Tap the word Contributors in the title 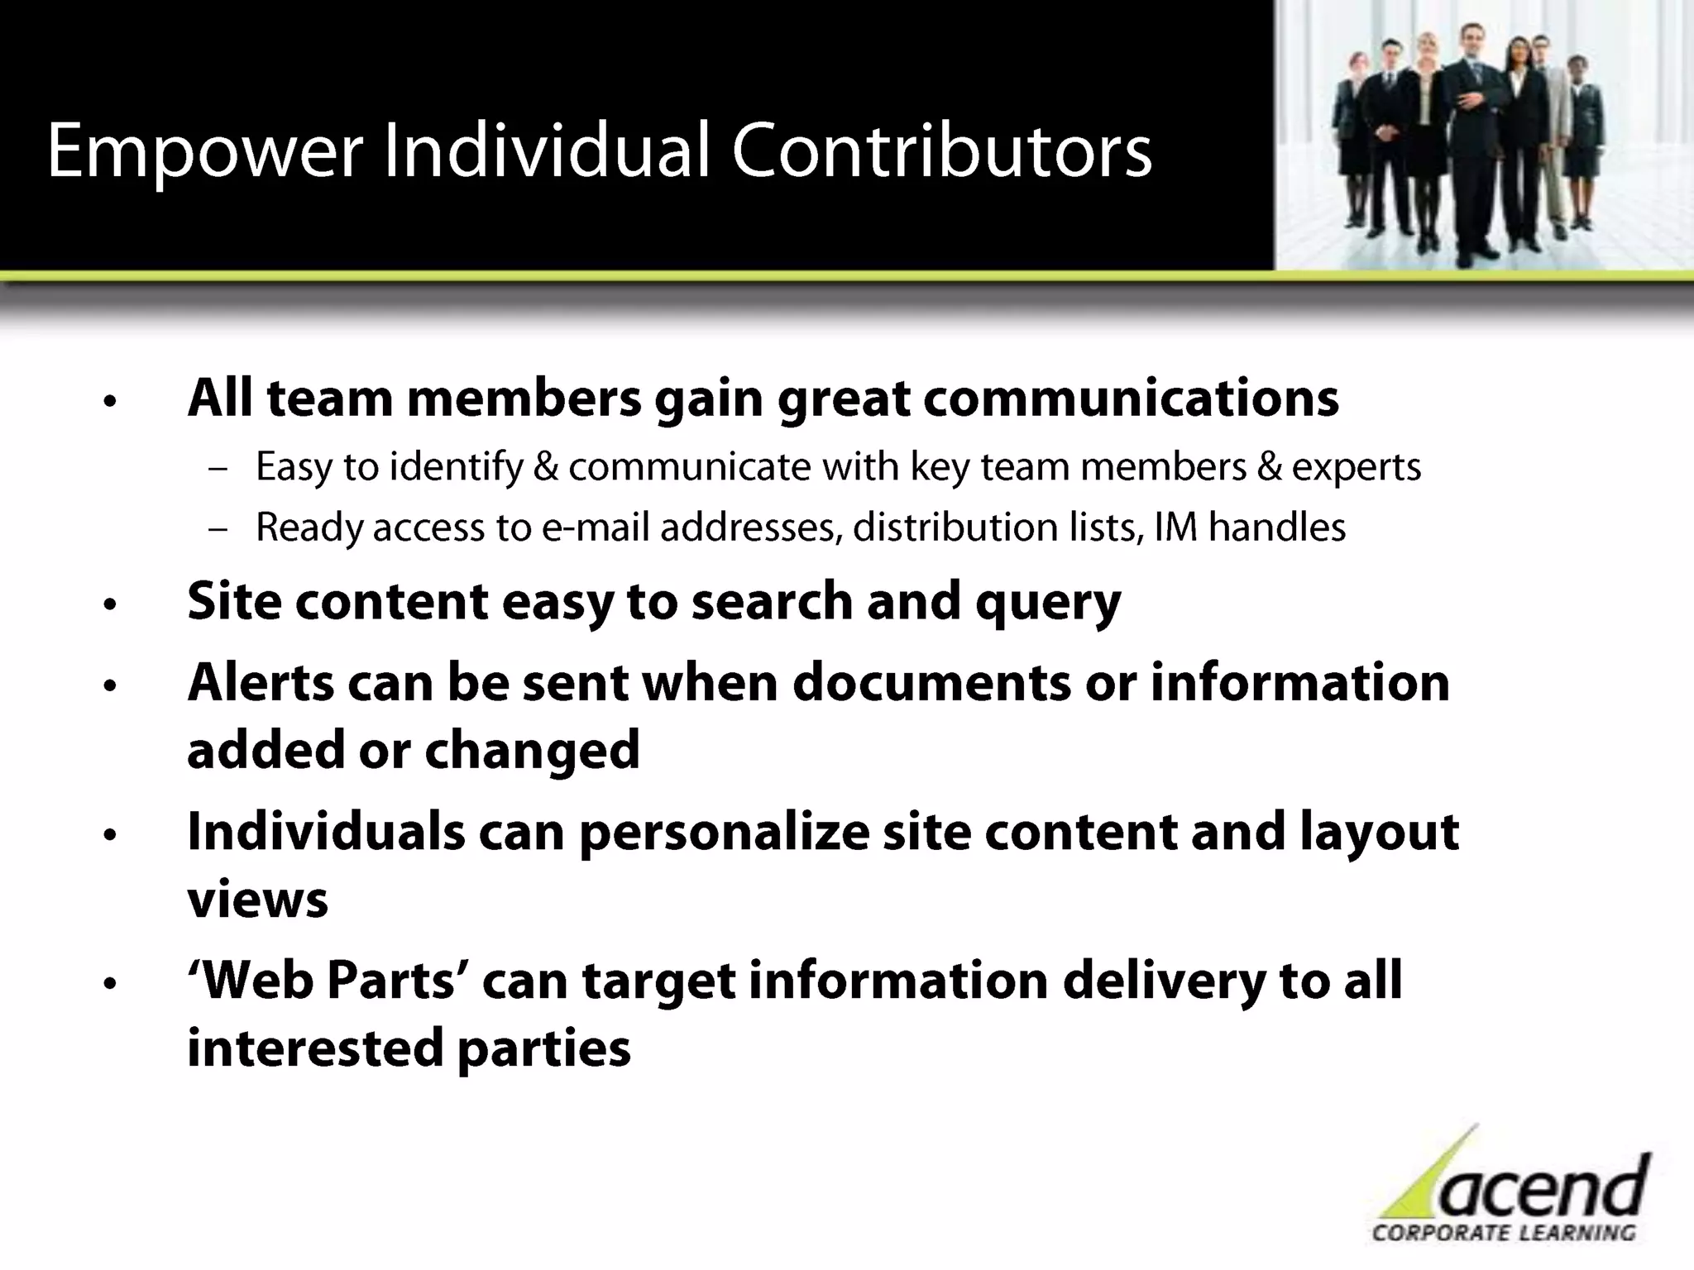[x=941, y=150]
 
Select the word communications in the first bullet [x=1130, y=399]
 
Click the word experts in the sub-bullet [x=1356, y=468]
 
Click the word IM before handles [x=1175, y=528]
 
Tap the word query [x=1048, y=602]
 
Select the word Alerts [x=260, y=683]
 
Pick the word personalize [x=724, y=832]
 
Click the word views [x=257, y=900]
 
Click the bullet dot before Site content [x=110, y=605]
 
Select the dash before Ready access [x=218, y=529]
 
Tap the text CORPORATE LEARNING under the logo [x=1504, y=1233]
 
